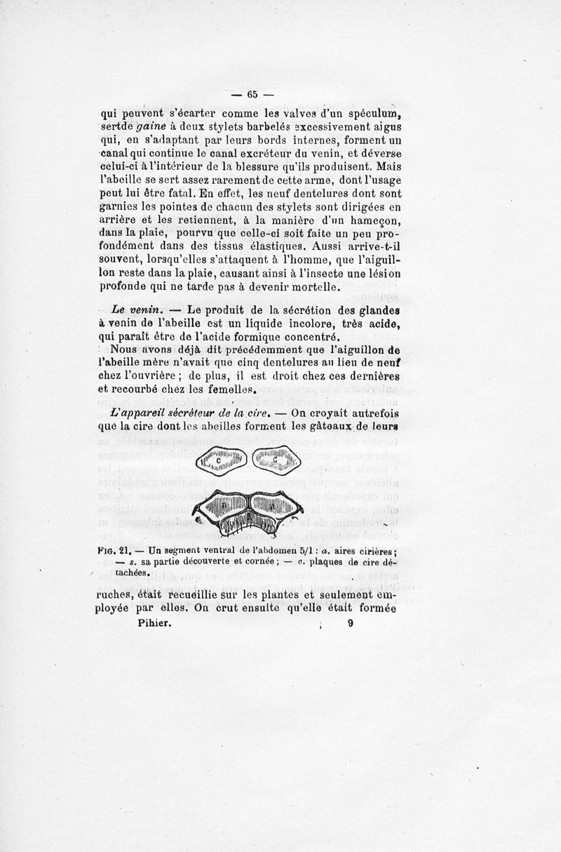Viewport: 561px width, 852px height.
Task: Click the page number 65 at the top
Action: coord(252,94)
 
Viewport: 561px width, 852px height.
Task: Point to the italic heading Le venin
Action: coord(137,309)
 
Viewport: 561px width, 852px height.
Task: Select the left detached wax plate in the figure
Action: coord(222,460)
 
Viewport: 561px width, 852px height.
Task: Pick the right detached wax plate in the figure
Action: coord(274,460)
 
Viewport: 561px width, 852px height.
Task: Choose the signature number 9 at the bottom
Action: coord(350,622)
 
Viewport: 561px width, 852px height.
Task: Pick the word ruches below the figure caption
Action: coord(113,596)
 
